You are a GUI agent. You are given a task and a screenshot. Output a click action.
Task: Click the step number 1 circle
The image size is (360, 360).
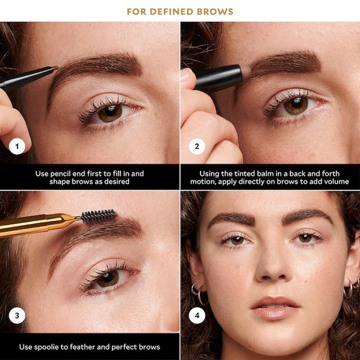[17, 147]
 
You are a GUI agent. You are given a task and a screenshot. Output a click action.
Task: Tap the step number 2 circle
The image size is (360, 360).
[197, 147]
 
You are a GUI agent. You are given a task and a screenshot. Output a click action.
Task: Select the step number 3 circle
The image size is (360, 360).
[17, 317]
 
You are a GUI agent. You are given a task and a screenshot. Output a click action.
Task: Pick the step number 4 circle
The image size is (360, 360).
[197, 317]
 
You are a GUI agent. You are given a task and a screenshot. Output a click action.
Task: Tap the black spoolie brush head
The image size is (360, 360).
[98, 216]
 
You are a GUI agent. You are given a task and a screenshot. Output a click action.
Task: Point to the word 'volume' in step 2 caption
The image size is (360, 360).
[336, 182]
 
